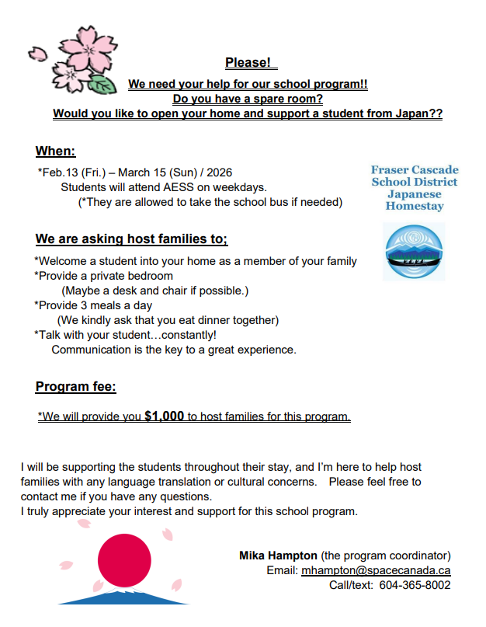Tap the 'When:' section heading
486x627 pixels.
coord(55,151)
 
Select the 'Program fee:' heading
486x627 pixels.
coord(75,386)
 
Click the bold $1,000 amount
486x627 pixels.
coord(164,416)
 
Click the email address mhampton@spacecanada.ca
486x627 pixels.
coord(376,570)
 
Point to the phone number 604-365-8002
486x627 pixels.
coord(415,585)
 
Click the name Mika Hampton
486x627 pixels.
coord(278,556)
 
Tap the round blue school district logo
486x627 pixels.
coord(415,252)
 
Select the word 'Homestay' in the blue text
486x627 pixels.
coord(415,207)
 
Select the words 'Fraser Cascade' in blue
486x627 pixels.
coord(415,170)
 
